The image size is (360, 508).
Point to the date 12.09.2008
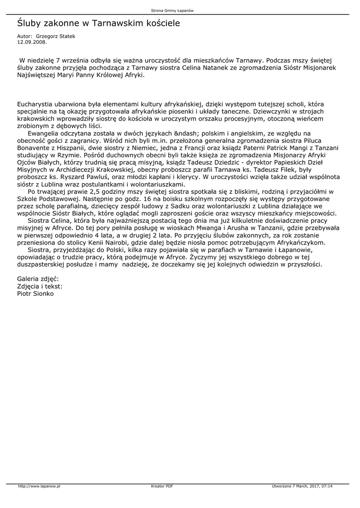pyautogui.click(x=32, y=42)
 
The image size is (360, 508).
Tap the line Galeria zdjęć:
pyautogui.click(x=38, y=278)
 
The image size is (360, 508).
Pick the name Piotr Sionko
pyautogui.click(x=35, y=293)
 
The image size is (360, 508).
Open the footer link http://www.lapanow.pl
pyautogui.click(x=39, y=486)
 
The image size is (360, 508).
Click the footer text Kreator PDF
pyautogui.click(x=162, y=486)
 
